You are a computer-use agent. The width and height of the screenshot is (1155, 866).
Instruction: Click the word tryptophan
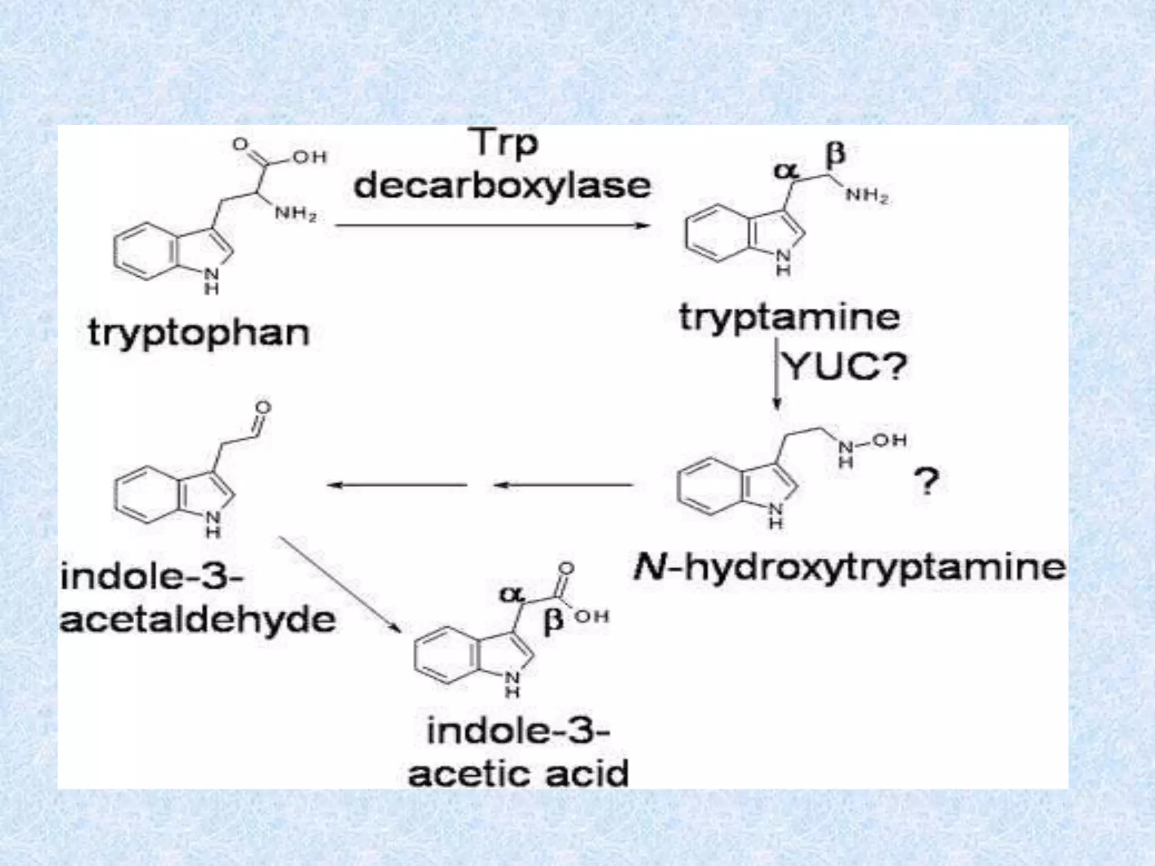coord(199,333)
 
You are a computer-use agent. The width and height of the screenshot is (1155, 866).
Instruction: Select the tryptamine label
coord(789,317)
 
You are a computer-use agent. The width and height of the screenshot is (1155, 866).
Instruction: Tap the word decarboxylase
coord(502,185)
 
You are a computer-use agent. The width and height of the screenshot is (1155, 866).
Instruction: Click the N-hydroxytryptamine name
coord(849,567)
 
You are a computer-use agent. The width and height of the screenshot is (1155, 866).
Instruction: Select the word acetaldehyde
coord(198,621)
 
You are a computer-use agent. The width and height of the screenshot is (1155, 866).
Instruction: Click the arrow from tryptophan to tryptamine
coord(491,226)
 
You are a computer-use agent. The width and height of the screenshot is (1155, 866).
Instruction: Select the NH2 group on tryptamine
coord(867,196)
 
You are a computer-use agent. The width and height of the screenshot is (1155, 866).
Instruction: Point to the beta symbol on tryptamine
coord(836,154)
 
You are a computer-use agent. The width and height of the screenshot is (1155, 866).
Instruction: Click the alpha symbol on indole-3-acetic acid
coord(512,593)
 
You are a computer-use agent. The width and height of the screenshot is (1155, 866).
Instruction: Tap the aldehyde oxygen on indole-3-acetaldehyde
coord(263,408)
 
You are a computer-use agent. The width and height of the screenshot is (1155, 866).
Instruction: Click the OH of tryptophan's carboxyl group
coord(310,156)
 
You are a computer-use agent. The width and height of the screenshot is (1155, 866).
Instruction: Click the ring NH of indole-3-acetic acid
coord(512,683)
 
